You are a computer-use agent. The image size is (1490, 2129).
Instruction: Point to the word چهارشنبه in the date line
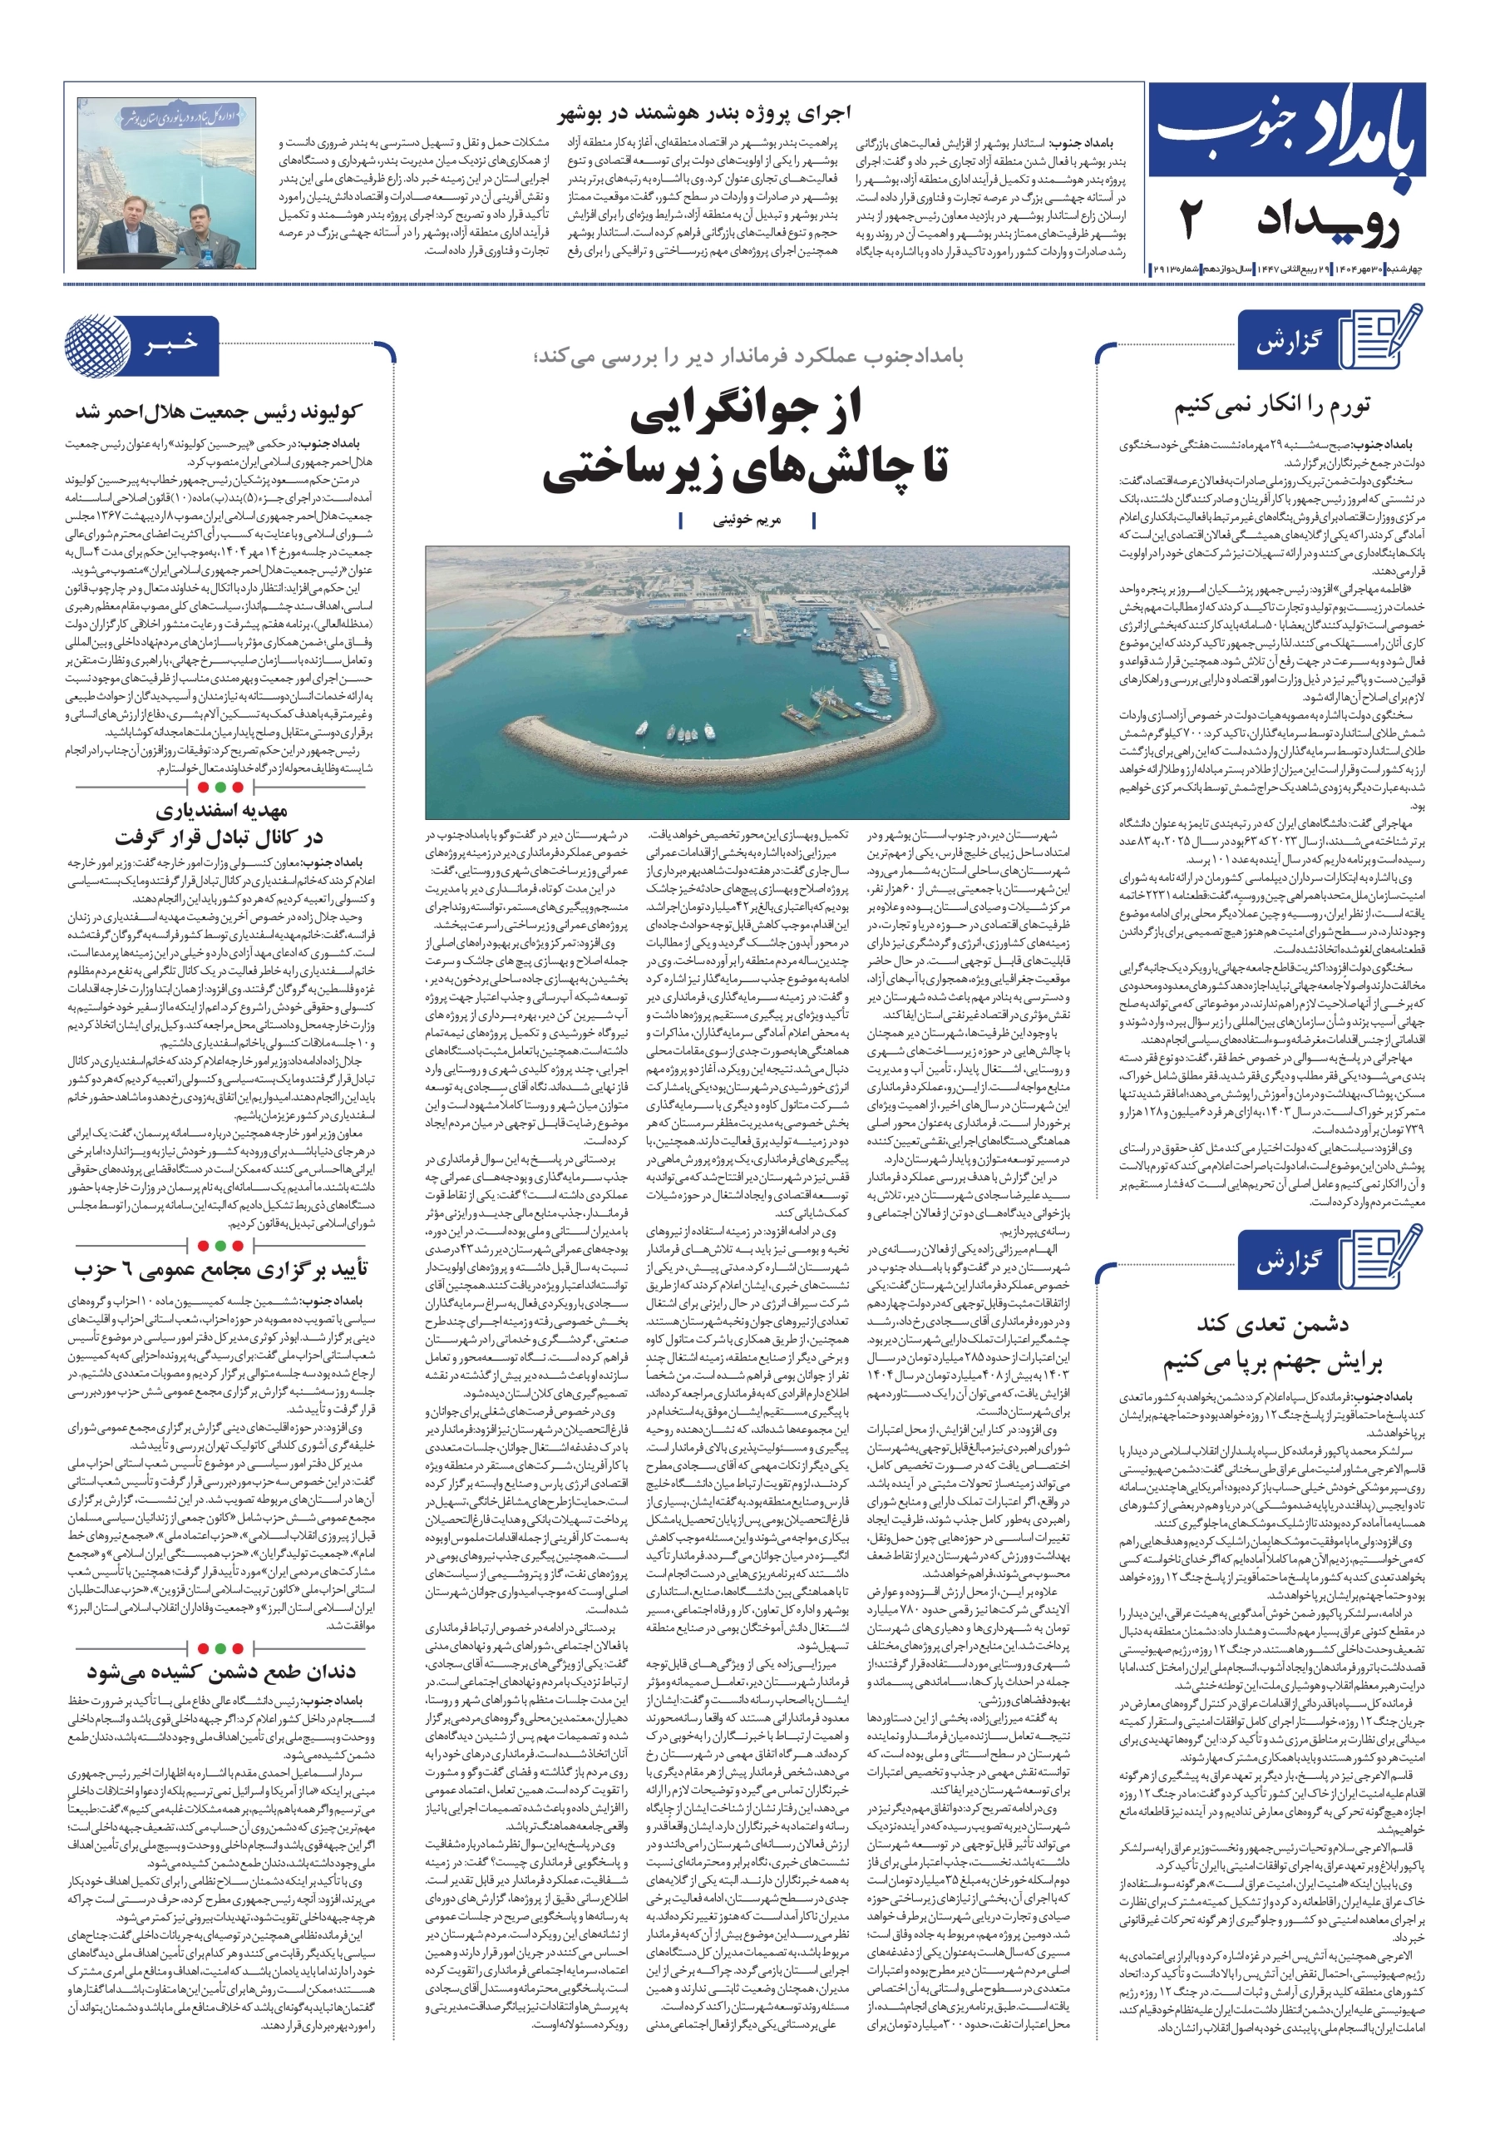point(1404,269)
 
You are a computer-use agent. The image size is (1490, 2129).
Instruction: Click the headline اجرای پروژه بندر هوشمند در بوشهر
point(703,114)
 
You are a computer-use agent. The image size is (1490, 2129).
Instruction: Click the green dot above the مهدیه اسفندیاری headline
point(220,788)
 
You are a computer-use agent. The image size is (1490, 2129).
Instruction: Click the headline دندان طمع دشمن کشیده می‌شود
point(222,1672)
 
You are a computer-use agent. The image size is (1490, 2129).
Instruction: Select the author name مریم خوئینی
point(747,521)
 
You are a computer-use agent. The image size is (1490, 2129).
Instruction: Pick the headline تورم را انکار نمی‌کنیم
point(1271,405)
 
